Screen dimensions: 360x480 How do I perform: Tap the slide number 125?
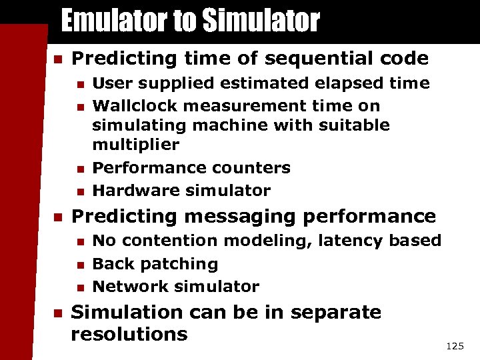455,346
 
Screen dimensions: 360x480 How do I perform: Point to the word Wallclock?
133,105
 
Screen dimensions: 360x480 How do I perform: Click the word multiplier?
136,145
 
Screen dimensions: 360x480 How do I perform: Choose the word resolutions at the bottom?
129,334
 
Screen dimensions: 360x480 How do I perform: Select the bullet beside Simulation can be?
57,313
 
